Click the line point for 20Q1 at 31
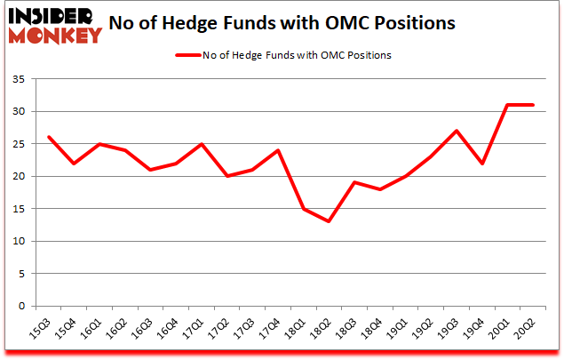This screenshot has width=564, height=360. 507,105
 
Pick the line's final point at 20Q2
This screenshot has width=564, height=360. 533,105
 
